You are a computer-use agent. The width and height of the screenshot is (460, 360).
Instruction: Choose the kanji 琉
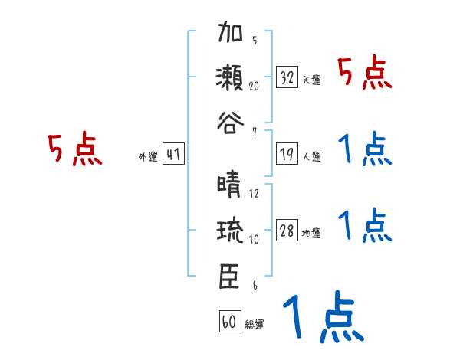click(232, 231)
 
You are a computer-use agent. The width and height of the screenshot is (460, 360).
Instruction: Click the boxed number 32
click(287, 77)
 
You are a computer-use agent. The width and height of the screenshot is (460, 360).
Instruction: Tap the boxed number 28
click(287, 231)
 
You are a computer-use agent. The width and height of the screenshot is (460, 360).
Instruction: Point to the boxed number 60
click(229, 322)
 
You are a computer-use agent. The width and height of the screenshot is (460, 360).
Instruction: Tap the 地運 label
click(311, 233)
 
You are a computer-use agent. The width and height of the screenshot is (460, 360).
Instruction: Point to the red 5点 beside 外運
click(74, 150)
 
